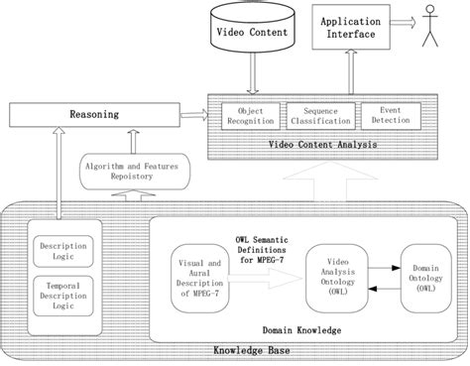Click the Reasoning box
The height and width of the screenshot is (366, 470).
[x=99, y=114]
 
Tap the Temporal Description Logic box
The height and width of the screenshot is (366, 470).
[x=58, y=295]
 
